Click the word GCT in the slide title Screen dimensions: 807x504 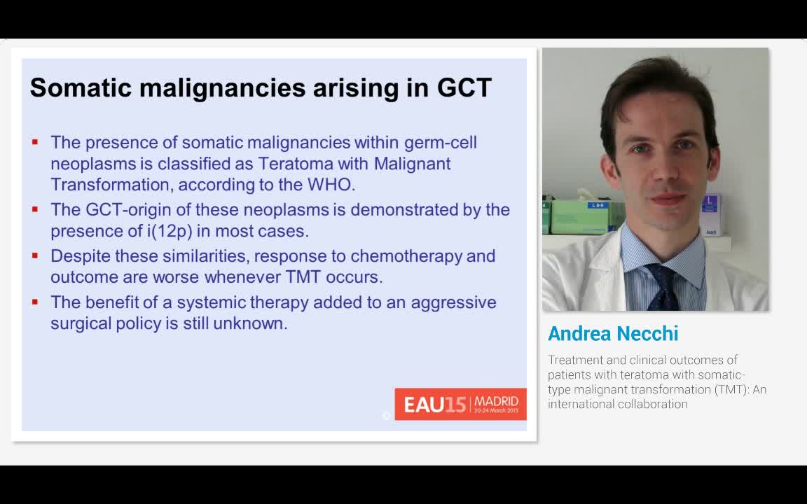click(x=464, y=87)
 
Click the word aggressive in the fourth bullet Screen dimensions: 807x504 click(x=453, y=303)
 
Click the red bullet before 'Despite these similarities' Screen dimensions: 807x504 click(x=35, y=255)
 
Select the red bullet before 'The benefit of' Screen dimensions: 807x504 click(x=35, y=302)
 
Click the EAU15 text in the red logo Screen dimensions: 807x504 click(x=435, y=405)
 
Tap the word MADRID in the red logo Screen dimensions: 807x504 click(x=496, y=401)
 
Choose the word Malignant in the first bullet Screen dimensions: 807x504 click(x=412, y=164)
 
